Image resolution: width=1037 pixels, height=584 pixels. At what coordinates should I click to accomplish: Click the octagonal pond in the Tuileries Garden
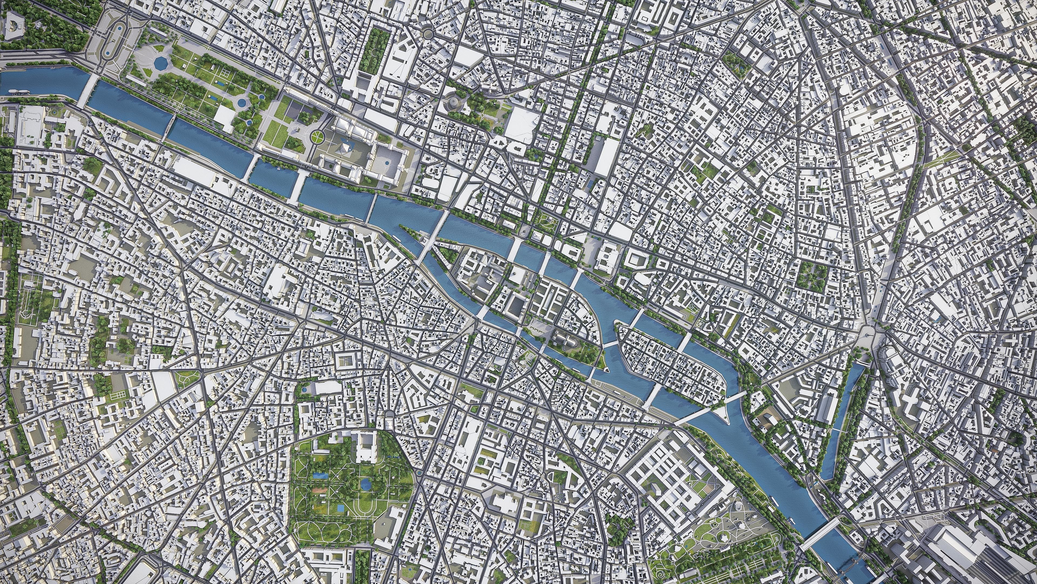pos(161,62)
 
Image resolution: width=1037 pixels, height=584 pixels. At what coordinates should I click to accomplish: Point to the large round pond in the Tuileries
pos(242,103)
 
